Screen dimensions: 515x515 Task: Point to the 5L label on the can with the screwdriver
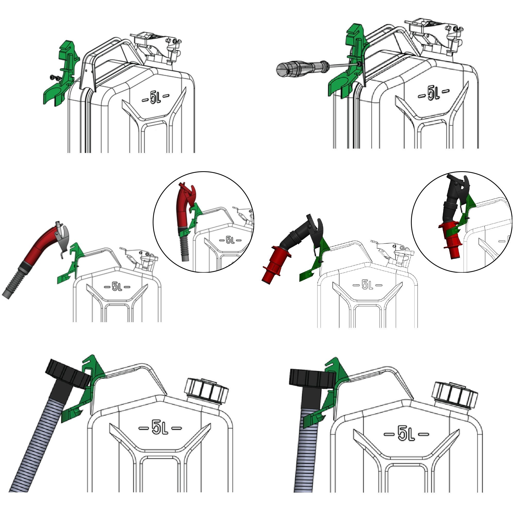(433, 93)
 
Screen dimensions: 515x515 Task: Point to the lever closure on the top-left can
(157, 48)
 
